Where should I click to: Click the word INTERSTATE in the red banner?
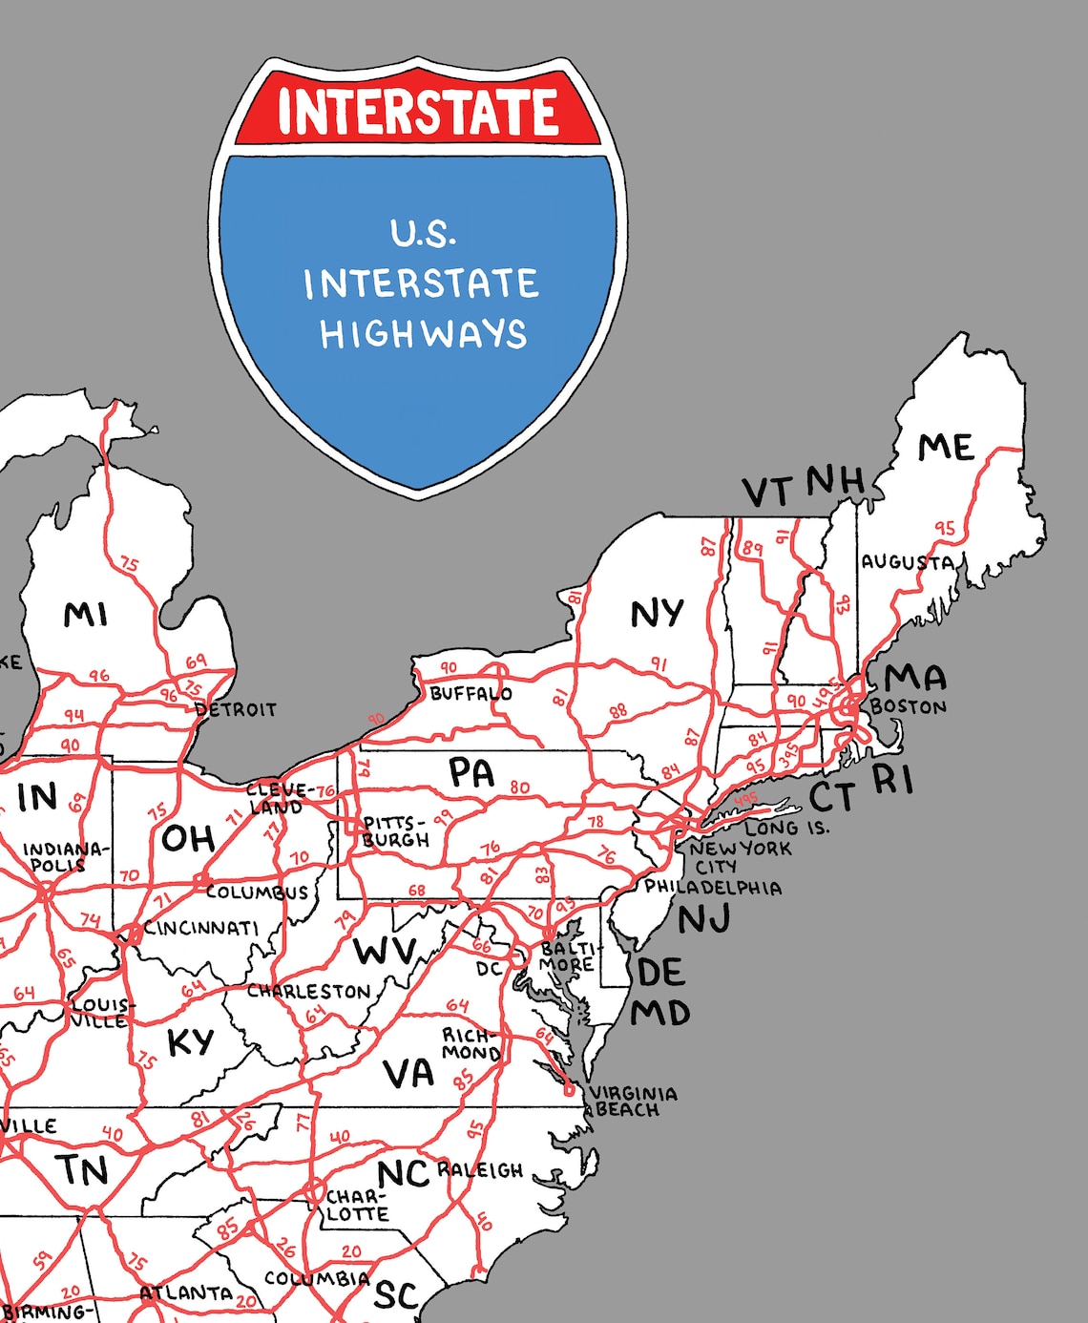tap(418, 111)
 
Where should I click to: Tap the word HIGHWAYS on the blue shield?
tap(423, 334)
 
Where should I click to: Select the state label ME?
tap(945, 448)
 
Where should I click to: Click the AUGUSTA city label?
tap(908, 562)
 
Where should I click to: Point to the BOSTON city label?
tap(909, 707)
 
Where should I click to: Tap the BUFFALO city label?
tap(471, 693)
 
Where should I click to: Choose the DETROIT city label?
tap(236, 709)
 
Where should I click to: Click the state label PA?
tap(471, 773)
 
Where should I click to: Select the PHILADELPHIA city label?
tap(713, 887)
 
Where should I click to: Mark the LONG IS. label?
tap(787, 828)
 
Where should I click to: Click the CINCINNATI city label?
tap(201, 928)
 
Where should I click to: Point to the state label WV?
tap(385, 951)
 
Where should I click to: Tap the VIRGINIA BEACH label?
tap(633, 1101)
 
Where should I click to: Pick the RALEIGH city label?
tap(480, 1170)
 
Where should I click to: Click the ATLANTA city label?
tap(186, 1293)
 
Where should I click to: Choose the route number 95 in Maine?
tap(944, 528)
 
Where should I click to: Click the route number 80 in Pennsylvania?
tap(519, 787)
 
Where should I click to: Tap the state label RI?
tap(893, 779)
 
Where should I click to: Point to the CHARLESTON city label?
tap(308, 992)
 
